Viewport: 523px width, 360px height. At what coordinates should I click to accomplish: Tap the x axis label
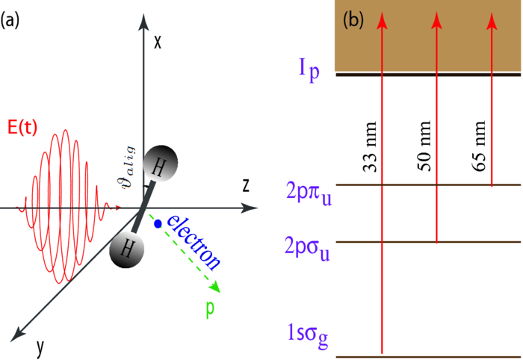[158, 42]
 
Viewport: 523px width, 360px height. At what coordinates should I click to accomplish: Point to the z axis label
[244, 184]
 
